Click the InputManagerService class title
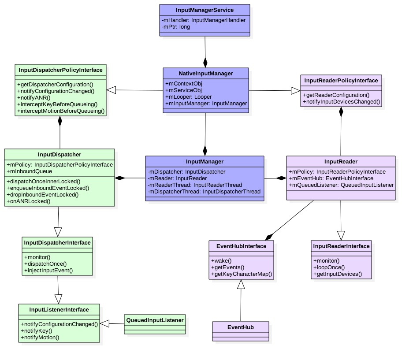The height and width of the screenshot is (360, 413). coord(205,9)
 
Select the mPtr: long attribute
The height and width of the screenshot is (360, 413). coord(175,26)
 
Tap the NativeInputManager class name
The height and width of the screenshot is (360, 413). coord(205,73)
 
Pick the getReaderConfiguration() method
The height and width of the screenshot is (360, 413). coord(336,95)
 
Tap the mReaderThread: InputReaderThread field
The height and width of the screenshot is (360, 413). coord(195,185)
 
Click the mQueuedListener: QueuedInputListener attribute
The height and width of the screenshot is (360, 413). coord(341,185)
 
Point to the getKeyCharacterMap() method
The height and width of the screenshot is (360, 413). coord(242,274)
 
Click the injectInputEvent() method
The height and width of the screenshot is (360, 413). coord(48,270)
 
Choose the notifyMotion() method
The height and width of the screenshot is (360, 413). coord(40,337)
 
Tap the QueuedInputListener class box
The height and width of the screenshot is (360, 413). coord(154,324)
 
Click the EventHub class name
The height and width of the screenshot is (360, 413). coord(240,327)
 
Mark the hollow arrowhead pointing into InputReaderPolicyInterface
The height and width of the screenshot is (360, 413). coord(295,91)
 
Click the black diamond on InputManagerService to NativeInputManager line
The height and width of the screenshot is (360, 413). coord(205,61)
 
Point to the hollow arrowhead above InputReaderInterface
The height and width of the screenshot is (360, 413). coord(341,235)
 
